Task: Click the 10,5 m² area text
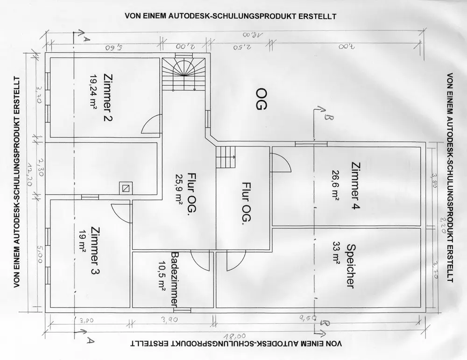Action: point(163,279)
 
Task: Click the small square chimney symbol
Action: point(125,188)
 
